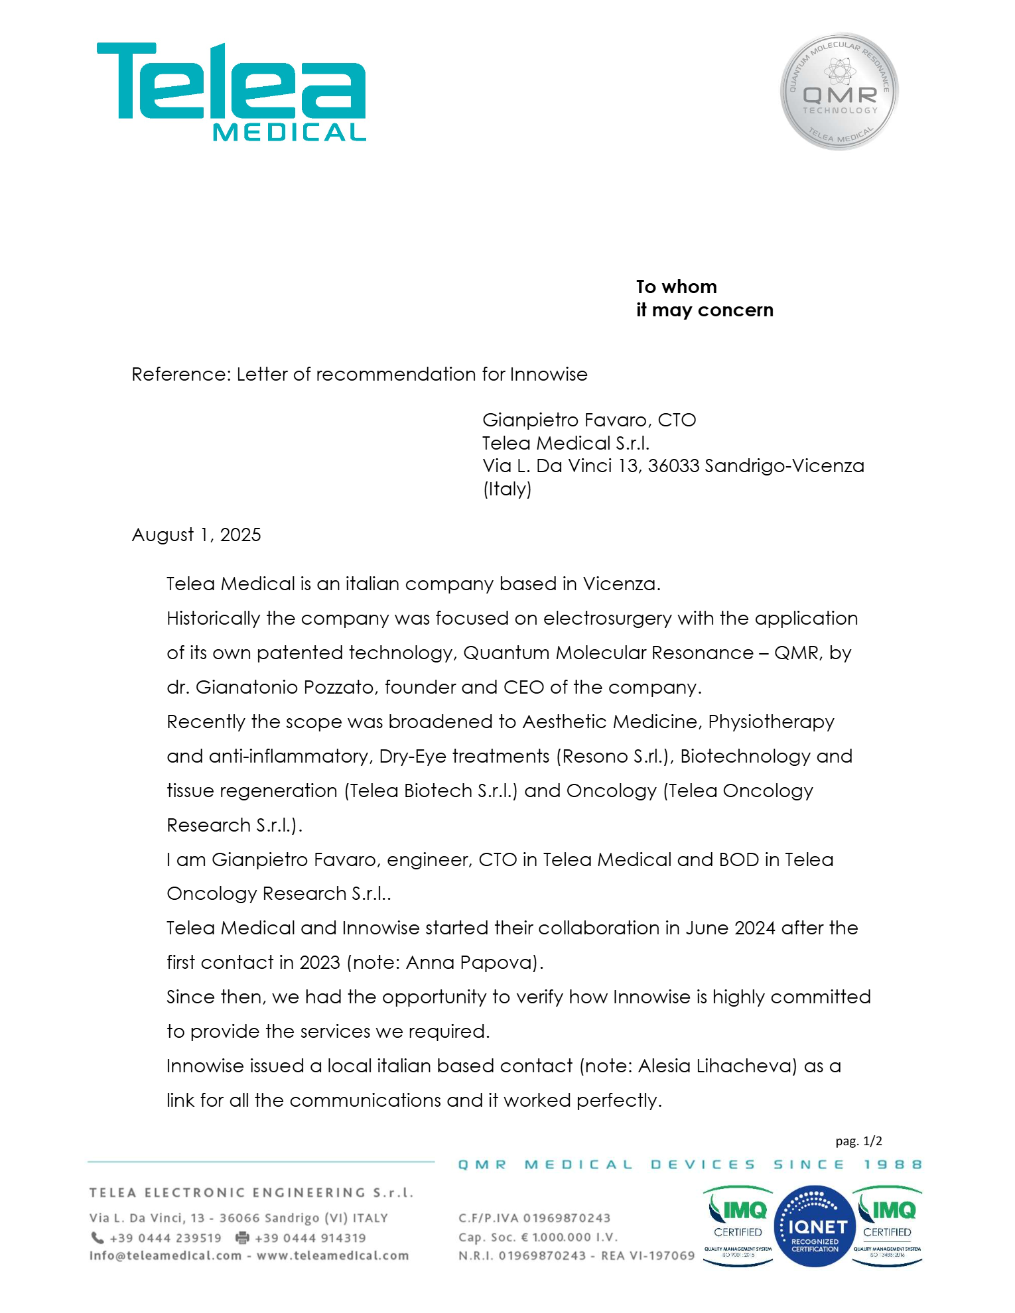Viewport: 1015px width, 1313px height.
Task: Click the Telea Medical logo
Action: click(232, 92)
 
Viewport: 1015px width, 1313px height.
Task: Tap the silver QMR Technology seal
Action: click(839, 92)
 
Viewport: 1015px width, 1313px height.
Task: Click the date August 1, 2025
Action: click(196, 535)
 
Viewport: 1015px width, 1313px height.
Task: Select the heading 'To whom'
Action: click(677, 287)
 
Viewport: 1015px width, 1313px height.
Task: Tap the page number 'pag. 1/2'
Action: click(858, 1141)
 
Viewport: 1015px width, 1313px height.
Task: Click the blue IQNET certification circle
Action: click(815, 1227)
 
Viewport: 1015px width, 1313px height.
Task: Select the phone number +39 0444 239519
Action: click(165, 1238)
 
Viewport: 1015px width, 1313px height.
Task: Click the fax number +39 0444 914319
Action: click(310, 1238)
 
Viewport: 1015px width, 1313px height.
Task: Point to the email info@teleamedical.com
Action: click(165, 1256)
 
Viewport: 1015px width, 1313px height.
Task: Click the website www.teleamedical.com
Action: click(332, 1256)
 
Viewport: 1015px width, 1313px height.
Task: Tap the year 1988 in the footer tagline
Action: click(892, 1165)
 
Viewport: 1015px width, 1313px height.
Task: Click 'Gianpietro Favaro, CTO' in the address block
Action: click(589, 420)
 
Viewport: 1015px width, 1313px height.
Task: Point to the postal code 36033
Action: click(673, 466)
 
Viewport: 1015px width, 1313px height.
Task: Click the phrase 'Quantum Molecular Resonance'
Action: click(608, 653)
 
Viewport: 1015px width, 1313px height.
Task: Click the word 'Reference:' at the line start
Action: click(180, 375)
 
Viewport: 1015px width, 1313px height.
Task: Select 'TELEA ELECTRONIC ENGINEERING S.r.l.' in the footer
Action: click(251, 1193)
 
